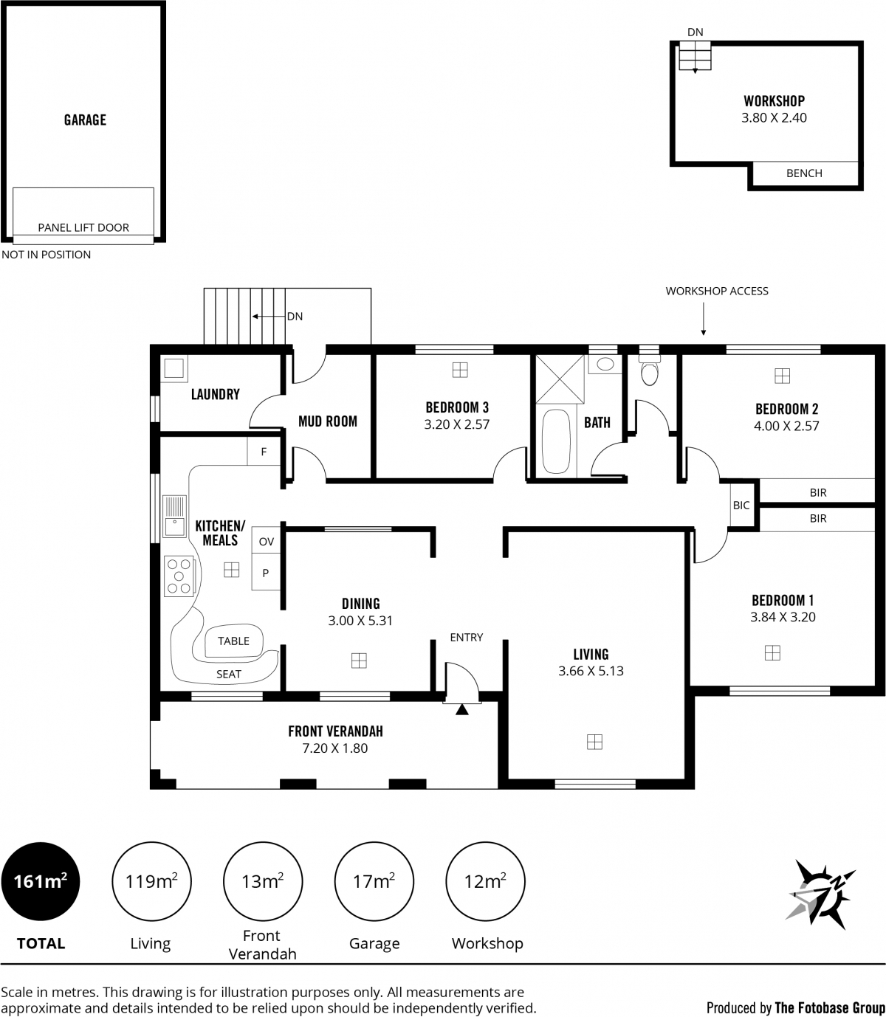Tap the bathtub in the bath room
click(x=555, y=441)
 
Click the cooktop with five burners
click(x=179, y=576)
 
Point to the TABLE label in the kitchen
click(x=233, y=641)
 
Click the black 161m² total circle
click(x=41, y=880)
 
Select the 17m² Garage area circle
click(x=374, y=880)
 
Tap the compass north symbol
click(x=820, y=893)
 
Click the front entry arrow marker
click(x=462, y=709)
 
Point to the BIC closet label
click(x=741, y=505)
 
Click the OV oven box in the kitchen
click(x=266, y=540)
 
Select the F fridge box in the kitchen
click(x=264, y=452)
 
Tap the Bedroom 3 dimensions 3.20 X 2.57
click(x=456, y=424)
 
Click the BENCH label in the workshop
click(x=804, y=173)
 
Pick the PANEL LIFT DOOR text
click(x=83, y=227)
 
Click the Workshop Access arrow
click(x=703, y=319)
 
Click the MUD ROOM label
click(x=328, y=421)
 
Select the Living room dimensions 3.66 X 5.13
click(x=591, y=671)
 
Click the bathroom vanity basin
click(x=605, y=364)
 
